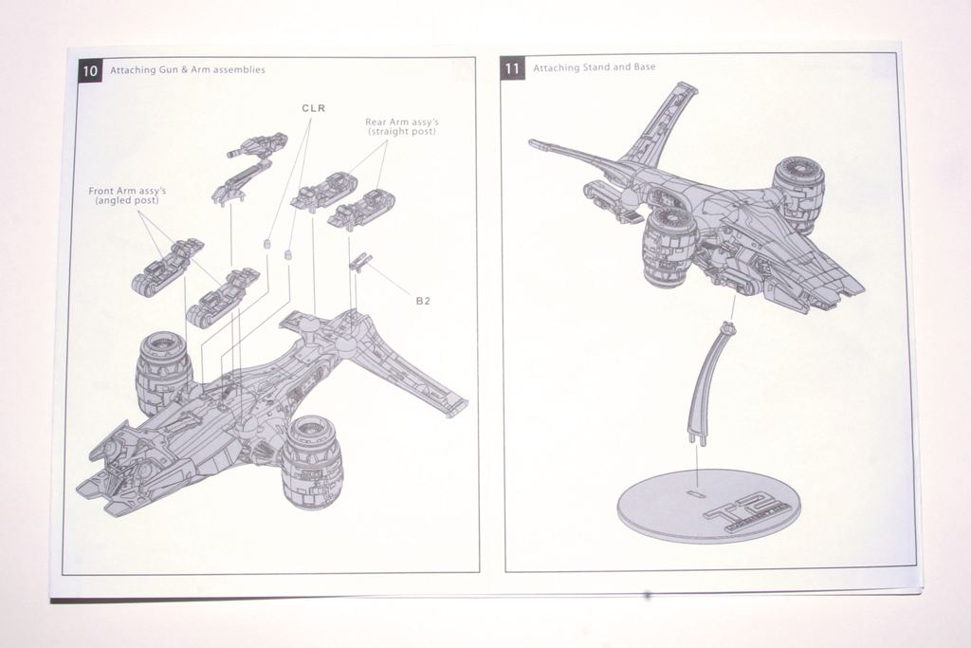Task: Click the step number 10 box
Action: [89, 69]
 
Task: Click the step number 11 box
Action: [512, 67]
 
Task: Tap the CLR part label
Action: [314, 108]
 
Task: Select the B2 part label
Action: [423, 301]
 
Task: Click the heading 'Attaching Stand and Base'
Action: [594, 67]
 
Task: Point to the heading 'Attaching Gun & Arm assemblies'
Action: [187, 69]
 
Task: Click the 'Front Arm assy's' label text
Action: [127, 195]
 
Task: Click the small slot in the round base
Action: [695, 494]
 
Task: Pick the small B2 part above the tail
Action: [359, 261]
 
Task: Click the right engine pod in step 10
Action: [312, 460]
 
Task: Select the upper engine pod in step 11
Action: [797, 193]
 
